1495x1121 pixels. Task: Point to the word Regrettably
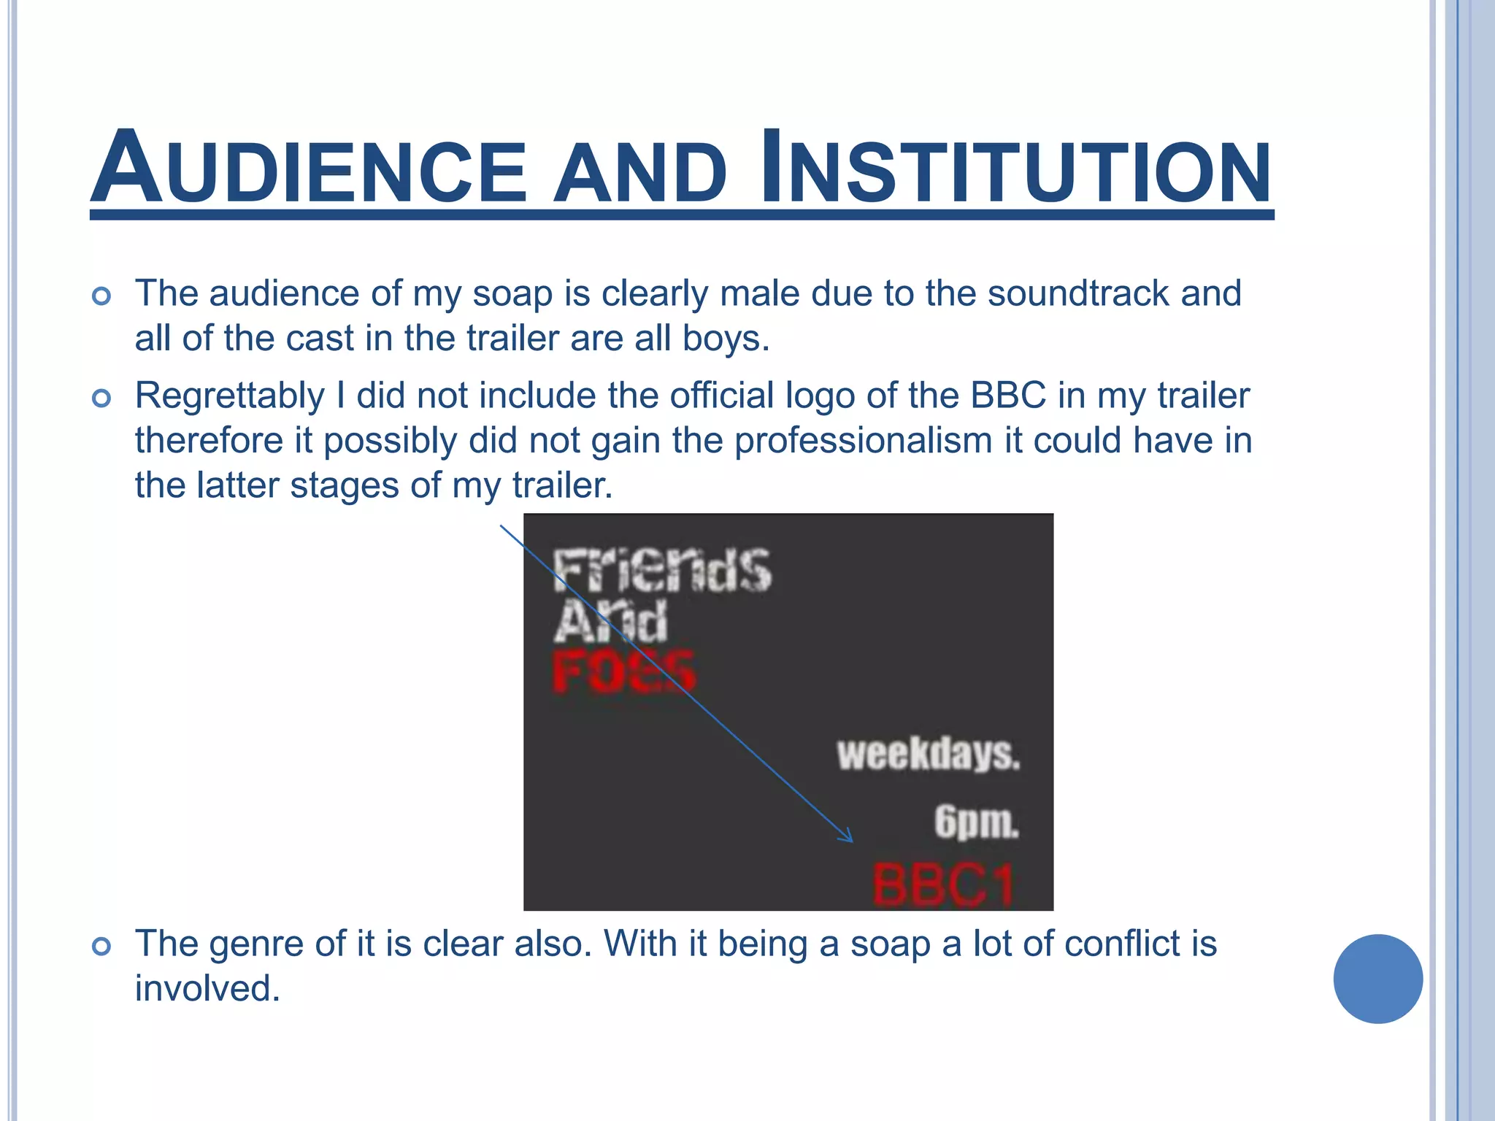[230, 396]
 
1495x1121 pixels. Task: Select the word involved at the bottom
[207, 989]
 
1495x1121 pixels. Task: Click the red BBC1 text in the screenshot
[943, 885]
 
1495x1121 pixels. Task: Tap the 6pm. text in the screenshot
[976, 823]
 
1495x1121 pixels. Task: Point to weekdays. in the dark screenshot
[928, 754]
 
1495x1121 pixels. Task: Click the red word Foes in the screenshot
[625, 671]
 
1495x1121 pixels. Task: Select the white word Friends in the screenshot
[661, 570]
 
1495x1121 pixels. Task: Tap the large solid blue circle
[1377, 979]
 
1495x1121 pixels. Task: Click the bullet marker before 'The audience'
[101, 296]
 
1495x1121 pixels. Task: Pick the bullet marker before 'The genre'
[101, 947]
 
